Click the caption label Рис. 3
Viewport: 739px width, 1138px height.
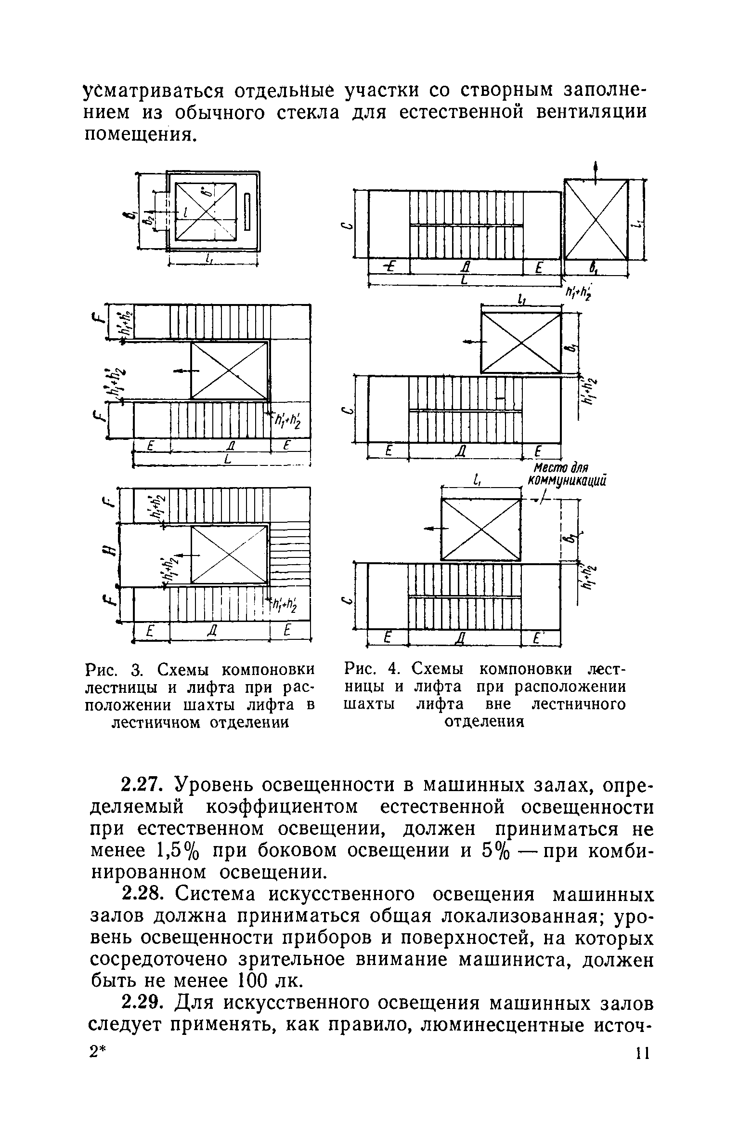113,670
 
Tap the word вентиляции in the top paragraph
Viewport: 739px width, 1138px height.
589,112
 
